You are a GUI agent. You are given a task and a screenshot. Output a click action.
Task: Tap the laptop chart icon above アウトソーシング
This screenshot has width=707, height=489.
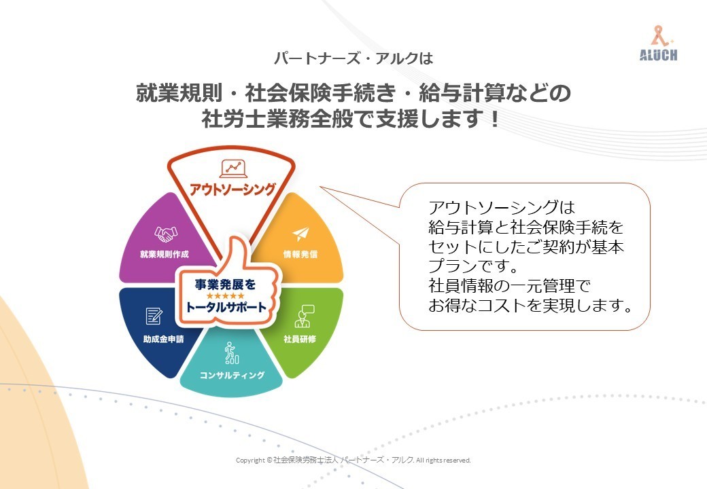point(233,169)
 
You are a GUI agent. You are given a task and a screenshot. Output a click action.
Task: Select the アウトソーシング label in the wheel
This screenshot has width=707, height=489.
point(232,189)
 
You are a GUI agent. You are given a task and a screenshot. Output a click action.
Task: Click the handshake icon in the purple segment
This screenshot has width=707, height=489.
point(165,234)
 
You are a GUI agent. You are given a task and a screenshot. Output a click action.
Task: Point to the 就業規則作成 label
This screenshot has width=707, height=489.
point(164,255)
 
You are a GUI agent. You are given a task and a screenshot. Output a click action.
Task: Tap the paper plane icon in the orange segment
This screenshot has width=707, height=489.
point(300,234)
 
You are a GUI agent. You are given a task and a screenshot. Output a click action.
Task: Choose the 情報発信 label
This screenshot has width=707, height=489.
point(300,255)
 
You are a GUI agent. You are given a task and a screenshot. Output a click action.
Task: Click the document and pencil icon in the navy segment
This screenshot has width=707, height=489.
point(154,316)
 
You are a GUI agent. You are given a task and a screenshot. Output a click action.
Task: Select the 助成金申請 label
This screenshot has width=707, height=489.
point(164,339)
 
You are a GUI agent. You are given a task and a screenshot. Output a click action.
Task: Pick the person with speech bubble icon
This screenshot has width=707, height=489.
point(304,316)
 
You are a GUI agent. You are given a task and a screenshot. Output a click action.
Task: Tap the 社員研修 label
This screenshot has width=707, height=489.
point(300,339)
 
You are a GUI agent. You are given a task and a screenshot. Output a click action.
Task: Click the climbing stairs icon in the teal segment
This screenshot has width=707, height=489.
point(231,352)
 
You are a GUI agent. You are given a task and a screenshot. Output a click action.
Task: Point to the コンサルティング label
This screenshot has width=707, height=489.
point(232,375)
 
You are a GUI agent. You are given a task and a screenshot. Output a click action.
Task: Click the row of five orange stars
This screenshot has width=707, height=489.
point(226,296)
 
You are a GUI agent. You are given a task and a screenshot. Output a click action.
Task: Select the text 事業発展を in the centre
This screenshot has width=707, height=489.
point(226,285)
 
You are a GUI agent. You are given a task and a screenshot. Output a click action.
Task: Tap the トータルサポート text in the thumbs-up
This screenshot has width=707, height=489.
point(226,308)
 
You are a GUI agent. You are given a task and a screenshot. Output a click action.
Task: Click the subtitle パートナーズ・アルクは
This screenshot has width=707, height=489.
point(353,58)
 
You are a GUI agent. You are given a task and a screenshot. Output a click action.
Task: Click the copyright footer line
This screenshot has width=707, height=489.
point(353,460)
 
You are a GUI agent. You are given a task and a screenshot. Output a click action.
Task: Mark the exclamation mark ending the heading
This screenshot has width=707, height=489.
point(495,119)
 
